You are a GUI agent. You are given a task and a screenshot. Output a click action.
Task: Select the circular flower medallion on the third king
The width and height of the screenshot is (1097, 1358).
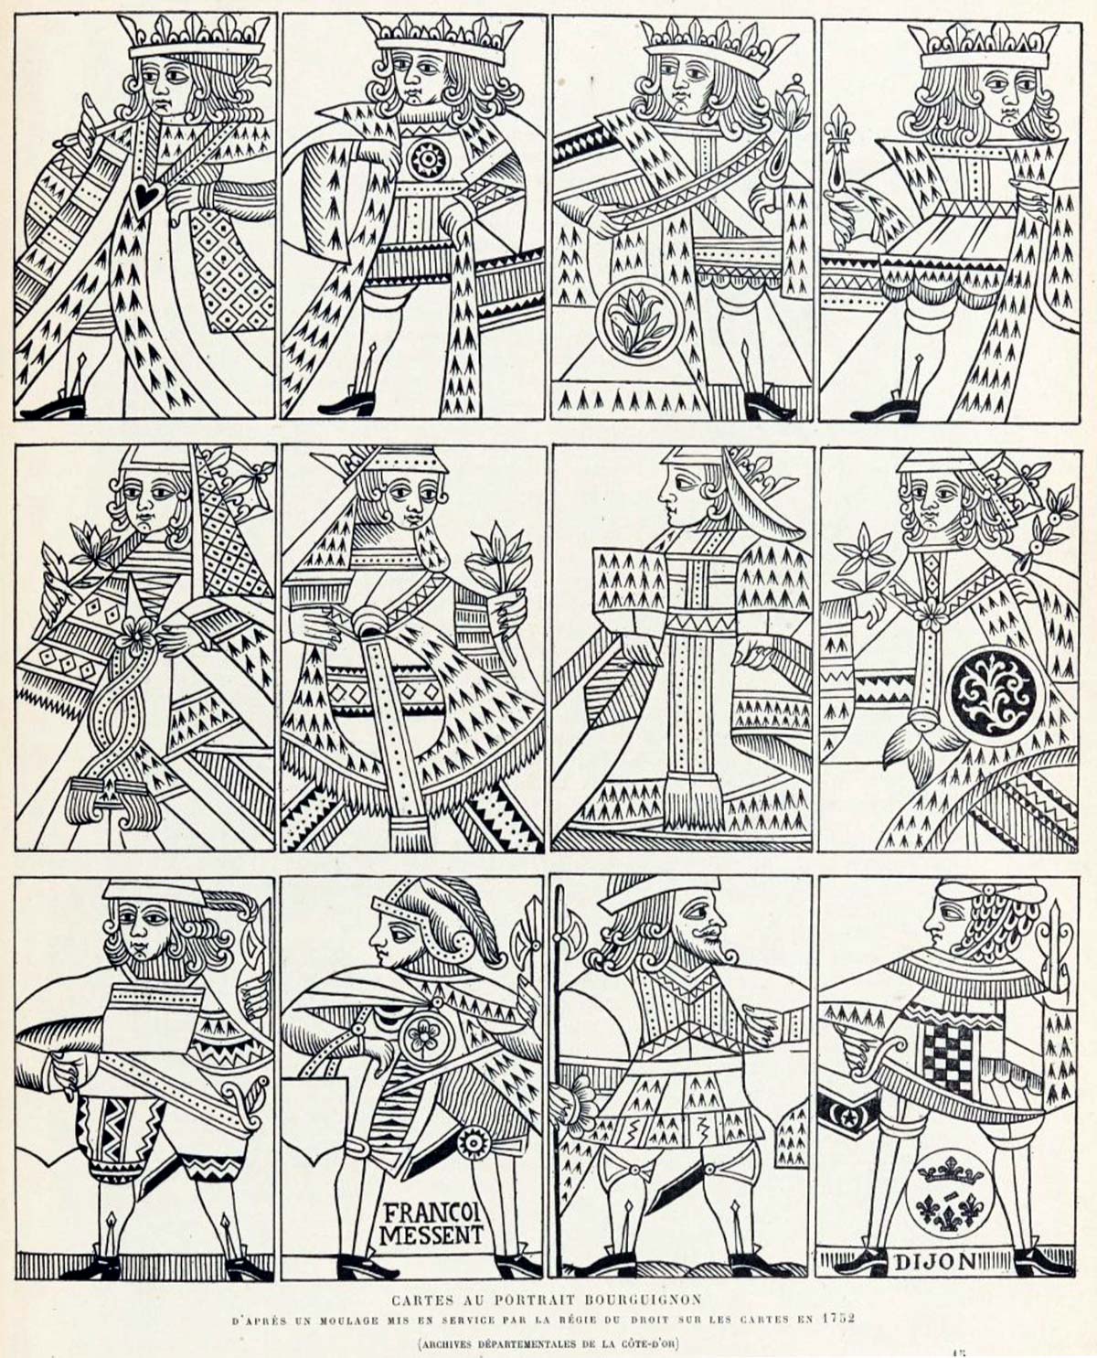click(640, 321)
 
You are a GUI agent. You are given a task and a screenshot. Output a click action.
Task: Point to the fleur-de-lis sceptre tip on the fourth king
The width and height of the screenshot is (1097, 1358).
click(840, 134)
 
